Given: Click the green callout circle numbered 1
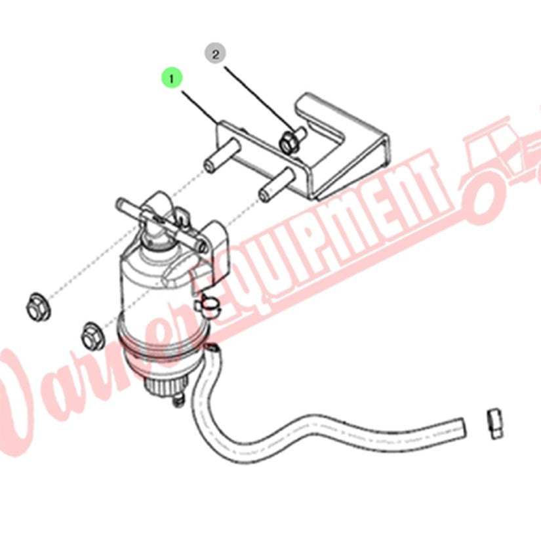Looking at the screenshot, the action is (x=171, y=78).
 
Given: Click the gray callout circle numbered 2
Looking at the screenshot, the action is (x=215, y=54).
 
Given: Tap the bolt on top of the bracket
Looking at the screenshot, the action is (x=292, y=140).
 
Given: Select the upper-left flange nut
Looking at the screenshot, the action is (x=38, y=306).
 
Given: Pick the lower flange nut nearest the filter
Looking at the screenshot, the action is (x=93, y=335).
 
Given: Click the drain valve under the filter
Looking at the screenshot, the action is (x=178, y=400).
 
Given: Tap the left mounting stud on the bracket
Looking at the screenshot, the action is (x=222, y=155).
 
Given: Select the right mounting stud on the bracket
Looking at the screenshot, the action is (x=277, y=186).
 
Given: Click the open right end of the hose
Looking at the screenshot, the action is (x=461, y=427).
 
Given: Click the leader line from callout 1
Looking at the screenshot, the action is (x=200, y=108).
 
